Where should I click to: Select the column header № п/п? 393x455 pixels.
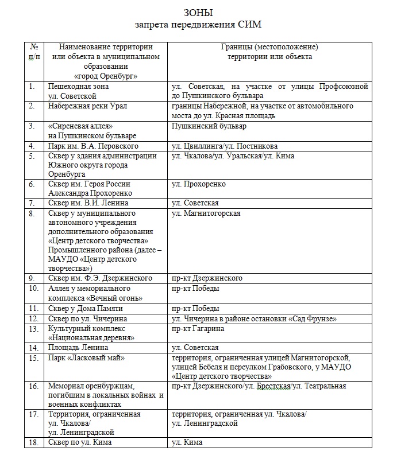(x=34, y=52)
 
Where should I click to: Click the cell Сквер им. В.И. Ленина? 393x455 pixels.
(x=88, y=203)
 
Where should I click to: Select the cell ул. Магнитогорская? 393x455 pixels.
(x=206, y=213)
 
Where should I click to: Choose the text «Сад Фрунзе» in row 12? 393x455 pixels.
(x=314, y=318)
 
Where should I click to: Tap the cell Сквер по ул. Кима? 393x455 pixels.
(x=80, y=442)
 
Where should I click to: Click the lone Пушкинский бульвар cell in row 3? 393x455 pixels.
(x=209, y=126)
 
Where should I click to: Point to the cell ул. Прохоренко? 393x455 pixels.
(x=199, y=184)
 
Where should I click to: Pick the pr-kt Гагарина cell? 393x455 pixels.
(x=198, y=329)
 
